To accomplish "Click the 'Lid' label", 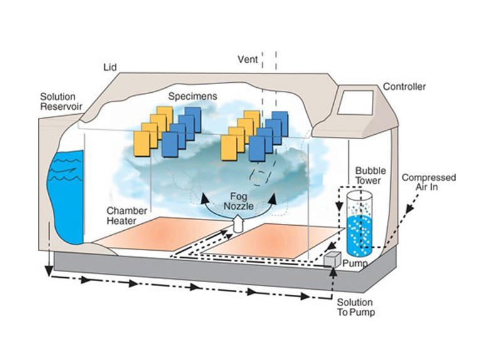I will tap(110, 66).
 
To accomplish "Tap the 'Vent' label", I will tap(247, 60).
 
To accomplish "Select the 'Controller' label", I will tap(404, 86).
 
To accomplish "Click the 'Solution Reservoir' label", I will tap(58, 102).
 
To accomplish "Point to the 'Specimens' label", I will tap(193, 97).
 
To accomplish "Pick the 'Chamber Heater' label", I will tap(126, 216).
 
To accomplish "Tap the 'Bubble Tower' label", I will tap(370, 175).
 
